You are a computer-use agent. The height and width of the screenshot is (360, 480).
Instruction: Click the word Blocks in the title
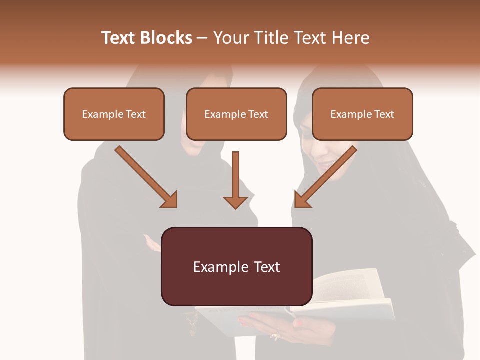click(167, 38)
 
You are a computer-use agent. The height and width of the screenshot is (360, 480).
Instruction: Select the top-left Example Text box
click(114, 114)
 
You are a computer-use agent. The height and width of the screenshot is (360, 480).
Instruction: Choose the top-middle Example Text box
click(236, 114)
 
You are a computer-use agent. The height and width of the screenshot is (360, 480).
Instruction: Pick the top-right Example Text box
click(362, 114)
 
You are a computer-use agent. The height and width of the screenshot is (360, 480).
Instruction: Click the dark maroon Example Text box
click(236, 266)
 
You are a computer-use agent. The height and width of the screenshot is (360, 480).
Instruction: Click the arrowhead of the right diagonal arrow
click(302, 200)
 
